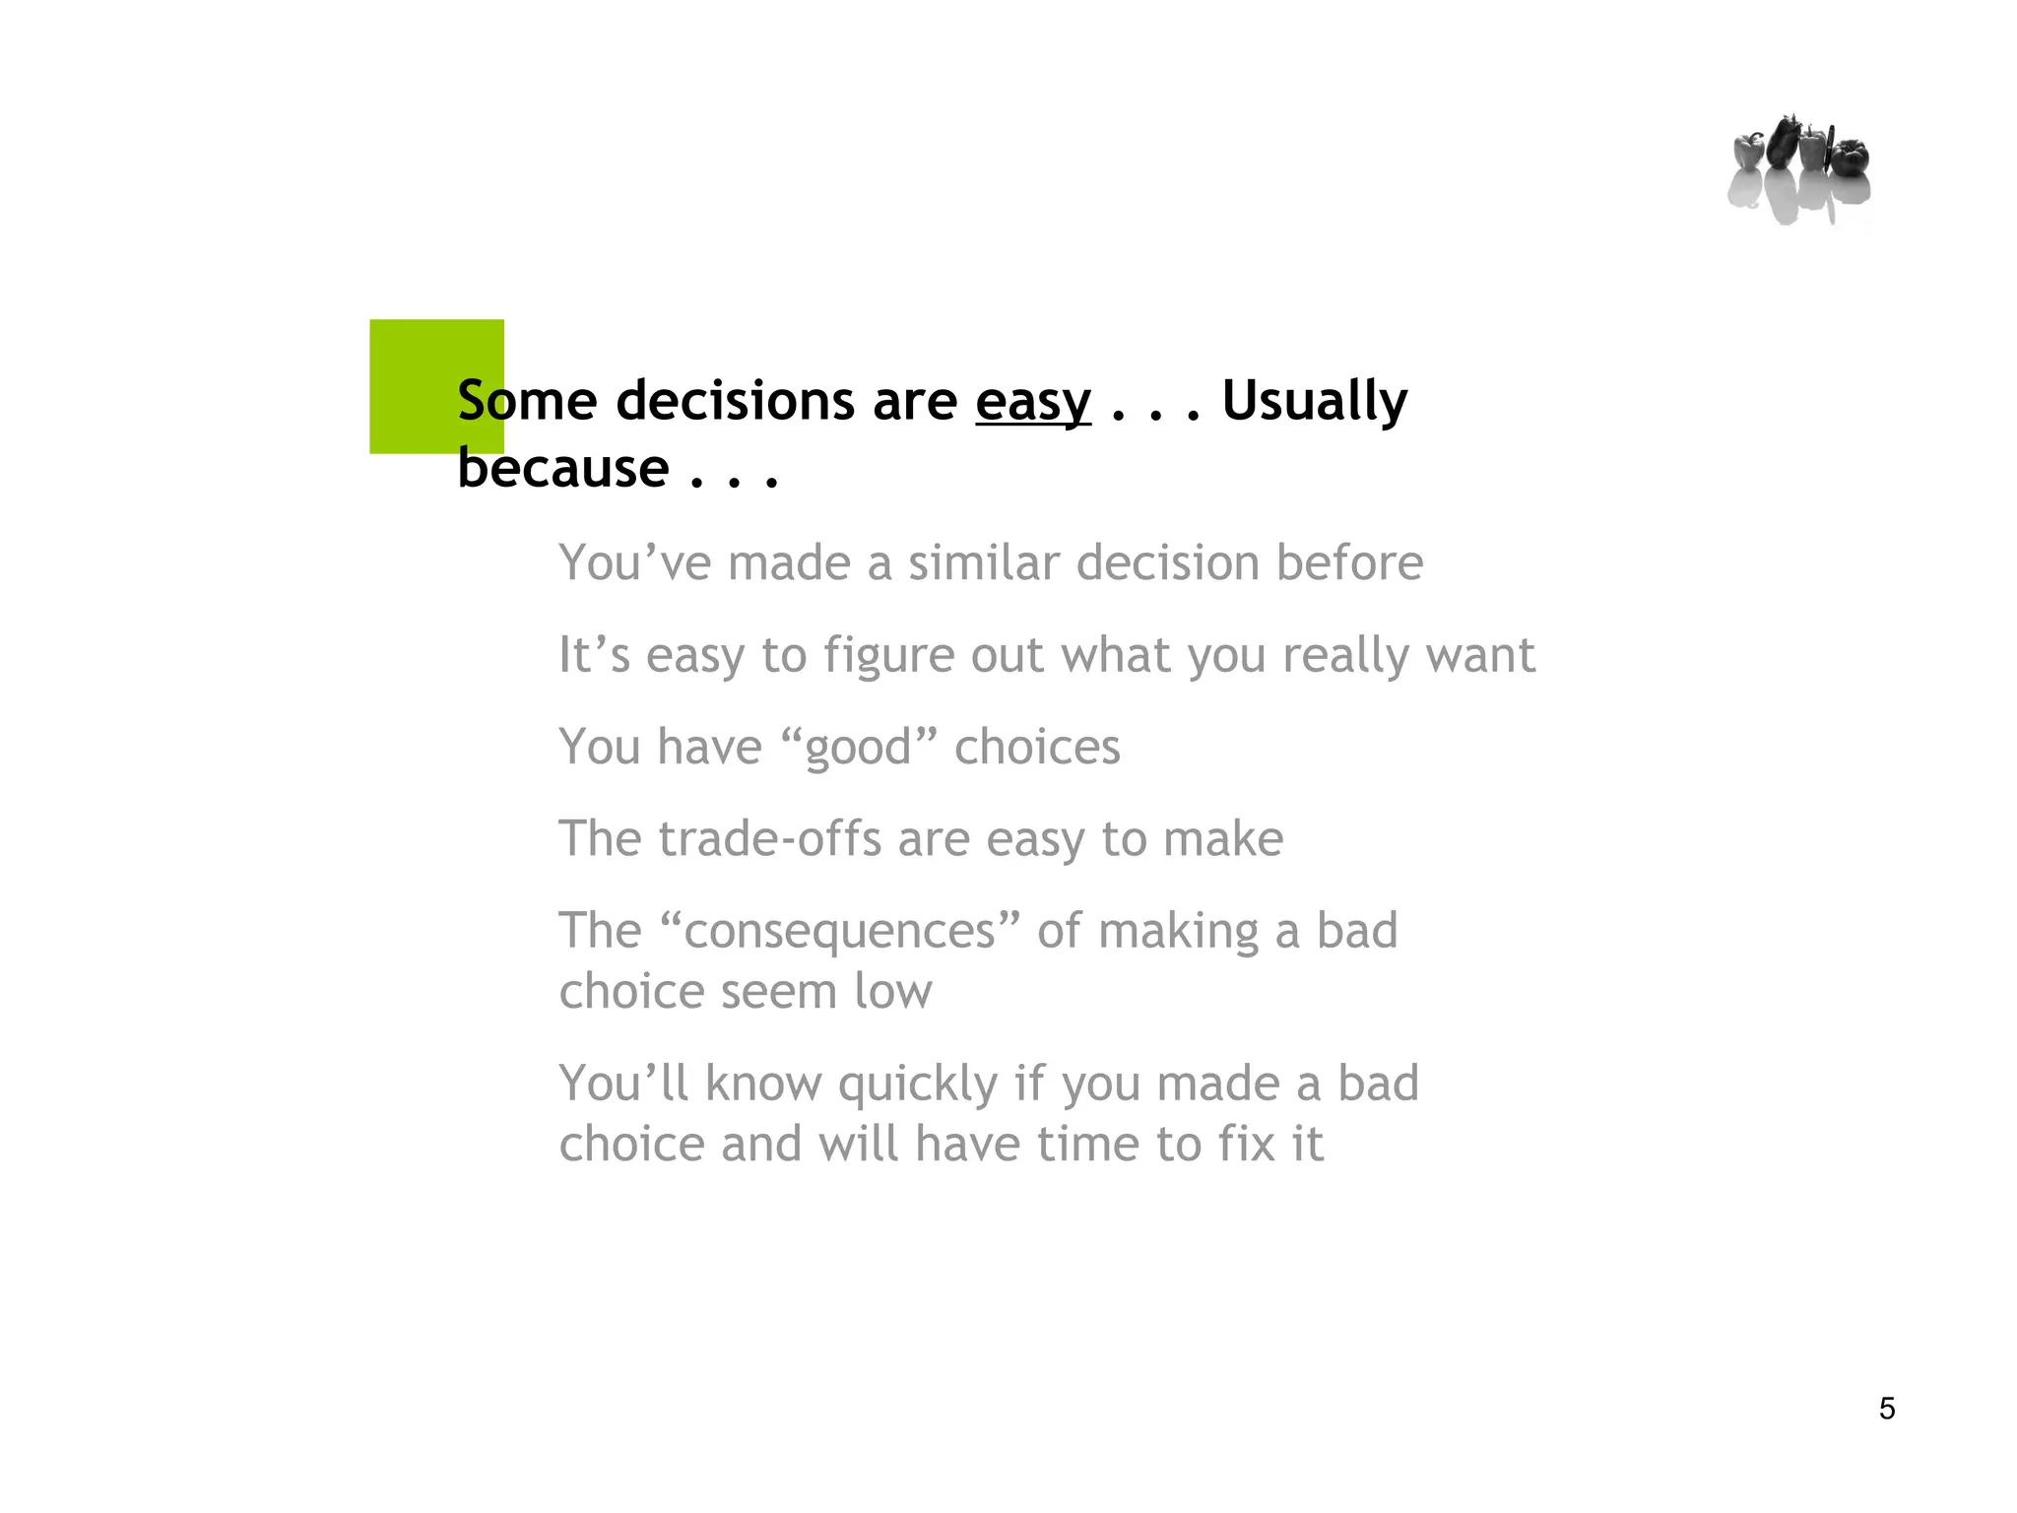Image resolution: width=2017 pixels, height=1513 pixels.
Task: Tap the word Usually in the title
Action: [1314, 402]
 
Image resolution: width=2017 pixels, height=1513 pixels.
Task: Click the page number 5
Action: [1886, 1409]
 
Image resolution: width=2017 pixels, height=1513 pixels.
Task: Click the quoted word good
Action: [859, 748]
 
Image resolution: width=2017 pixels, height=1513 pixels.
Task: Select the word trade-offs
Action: [769, 839]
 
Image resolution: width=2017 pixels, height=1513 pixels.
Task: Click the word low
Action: [892, 991]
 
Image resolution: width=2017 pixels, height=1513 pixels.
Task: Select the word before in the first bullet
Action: [1349, 563]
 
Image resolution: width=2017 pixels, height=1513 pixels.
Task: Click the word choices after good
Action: [1037, 747]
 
